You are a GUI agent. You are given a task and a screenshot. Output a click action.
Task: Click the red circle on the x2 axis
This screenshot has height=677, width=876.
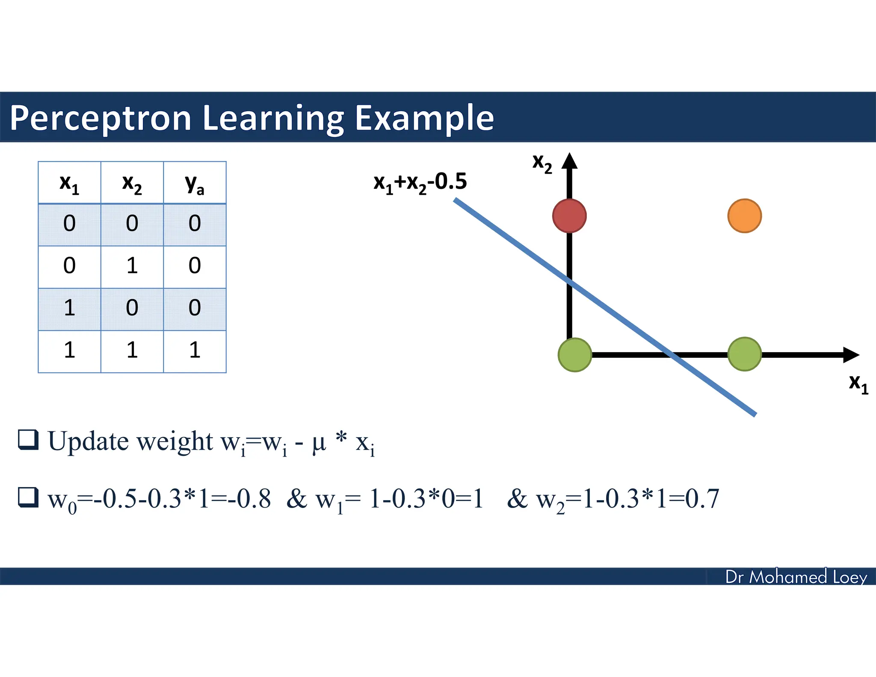569,216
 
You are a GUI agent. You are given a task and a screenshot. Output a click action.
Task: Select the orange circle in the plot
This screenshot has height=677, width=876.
744,216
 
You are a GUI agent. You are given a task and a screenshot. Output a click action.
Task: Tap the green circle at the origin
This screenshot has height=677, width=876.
575,355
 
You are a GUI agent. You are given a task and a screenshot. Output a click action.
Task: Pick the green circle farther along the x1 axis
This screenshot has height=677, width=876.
744,354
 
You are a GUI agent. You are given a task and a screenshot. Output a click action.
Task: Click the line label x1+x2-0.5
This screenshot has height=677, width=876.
420,183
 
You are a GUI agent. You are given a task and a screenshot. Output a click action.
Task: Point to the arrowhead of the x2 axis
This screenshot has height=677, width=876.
569,161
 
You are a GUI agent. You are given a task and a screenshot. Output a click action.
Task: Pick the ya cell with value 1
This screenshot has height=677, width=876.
195,350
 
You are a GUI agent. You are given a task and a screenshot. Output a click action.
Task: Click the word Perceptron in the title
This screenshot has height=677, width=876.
101,118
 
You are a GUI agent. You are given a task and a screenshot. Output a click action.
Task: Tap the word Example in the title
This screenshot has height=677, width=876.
424,118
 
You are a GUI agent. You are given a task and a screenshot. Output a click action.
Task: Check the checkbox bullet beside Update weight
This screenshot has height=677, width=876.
28,440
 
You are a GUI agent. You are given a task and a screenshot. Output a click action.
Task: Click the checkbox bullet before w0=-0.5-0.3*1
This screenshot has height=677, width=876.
28,497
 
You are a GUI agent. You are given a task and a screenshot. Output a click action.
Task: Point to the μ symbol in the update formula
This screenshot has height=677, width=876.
319,443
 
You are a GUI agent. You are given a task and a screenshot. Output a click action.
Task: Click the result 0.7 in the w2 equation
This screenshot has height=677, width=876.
702,499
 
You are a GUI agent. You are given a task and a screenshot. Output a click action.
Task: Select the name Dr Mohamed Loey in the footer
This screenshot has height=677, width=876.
796,577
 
